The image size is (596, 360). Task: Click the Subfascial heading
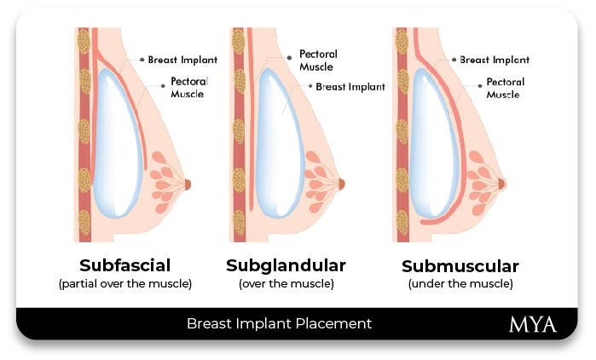point(124,264)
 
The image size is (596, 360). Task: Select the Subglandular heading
point(286,264)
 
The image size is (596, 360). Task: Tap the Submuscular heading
point(460,265)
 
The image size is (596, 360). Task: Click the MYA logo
point(533,324)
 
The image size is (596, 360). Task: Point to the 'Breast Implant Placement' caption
point(279,324)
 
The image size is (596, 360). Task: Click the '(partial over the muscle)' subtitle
point(124,283)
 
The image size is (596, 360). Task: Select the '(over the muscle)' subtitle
point(286,283)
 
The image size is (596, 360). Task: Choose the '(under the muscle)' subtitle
point(460,283)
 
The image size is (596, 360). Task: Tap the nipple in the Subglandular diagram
point(341,183)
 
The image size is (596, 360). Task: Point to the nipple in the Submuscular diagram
point(501,183)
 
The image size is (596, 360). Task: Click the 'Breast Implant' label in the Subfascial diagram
point(182,60)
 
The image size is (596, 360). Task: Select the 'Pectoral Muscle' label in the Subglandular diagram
point(317,60)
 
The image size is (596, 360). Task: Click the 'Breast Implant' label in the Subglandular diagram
point(350,86)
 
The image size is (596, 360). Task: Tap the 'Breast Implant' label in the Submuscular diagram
point(495,60)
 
